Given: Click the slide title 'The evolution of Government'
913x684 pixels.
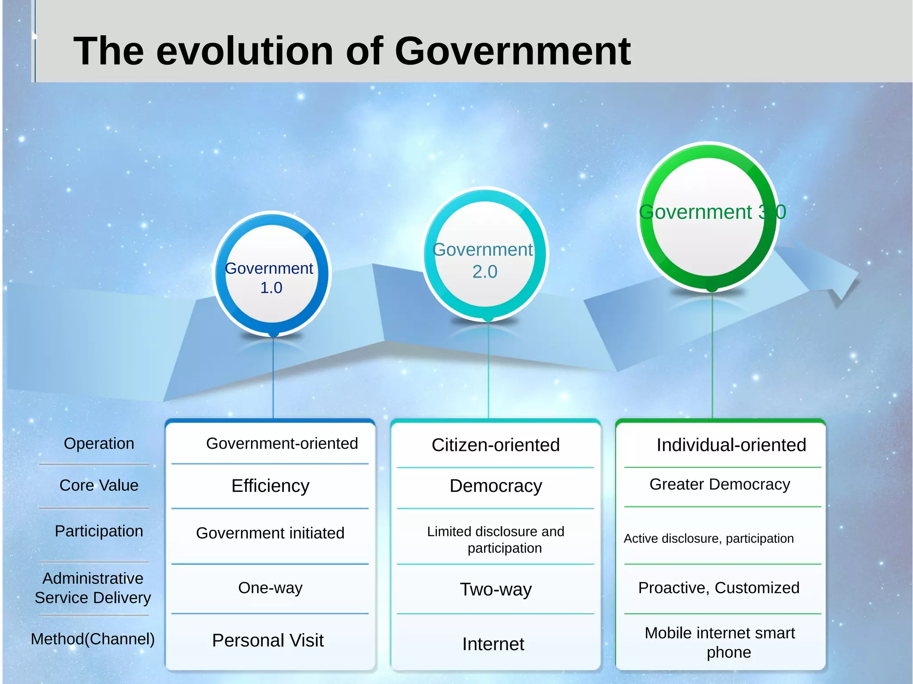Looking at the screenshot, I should (x=352, y=51).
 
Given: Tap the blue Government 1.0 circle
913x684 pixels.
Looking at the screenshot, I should (x=272, y=274).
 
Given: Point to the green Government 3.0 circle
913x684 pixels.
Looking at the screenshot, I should (x=709, y=217).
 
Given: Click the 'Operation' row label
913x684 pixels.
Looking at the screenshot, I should (x=99, y=443).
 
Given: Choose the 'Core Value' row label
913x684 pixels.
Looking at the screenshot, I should (x=99, y=485).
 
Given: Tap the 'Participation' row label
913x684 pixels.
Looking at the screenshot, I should (x=99, y=531).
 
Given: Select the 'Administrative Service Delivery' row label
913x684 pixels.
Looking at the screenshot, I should (x=93, y=588).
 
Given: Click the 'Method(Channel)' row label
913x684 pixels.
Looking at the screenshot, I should (x=93, y=639).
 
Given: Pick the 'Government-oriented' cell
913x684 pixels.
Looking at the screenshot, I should (x=282, y=443).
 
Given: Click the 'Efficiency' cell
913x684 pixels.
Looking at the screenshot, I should (x=270, y=486).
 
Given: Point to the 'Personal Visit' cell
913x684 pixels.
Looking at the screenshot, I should (x=267, y=640).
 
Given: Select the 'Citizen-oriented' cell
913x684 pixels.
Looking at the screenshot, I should (x=495, y=445).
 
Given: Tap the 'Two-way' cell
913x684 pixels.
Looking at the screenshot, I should (x=496, y=590).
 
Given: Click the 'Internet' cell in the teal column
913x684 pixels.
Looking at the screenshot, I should (x=493, y=644).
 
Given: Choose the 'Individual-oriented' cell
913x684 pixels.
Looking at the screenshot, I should (x=731, y=445).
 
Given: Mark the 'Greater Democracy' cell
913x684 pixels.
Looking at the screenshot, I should (x=720, y=484).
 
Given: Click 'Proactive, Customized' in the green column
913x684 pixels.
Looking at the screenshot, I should (x=719, y=588).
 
